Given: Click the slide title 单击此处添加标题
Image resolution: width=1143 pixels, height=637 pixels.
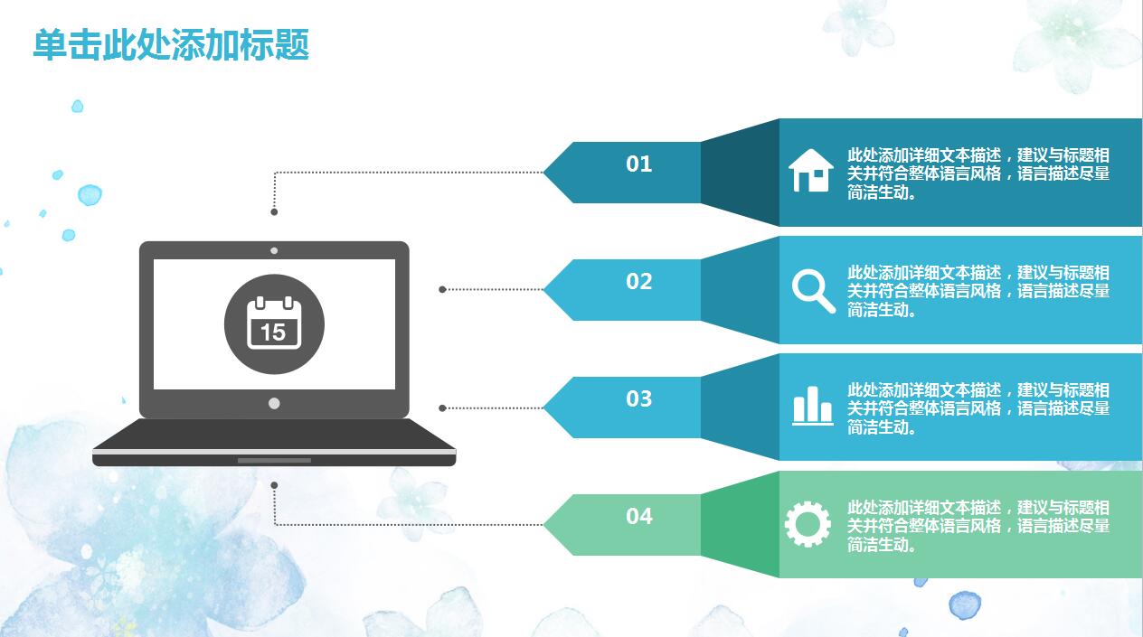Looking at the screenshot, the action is pyautogui.click(x=171, y=45).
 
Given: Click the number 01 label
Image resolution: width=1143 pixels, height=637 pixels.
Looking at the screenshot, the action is pyautogui.click(x=638, y=164).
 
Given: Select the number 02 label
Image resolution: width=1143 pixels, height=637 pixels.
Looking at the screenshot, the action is pyautogui.click(x=638, y=282).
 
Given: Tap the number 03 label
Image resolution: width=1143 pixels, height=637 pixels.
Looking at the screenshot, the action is pyautogui.click(x=638, y=398).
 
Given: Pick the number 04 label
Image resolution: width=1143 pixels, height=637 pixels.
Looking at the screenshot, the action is pyautogui.click(x=638, y=516).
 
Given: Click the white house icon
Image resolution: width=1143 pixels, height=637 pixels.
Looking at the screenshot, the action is pyautogui.click(x=811, y=171).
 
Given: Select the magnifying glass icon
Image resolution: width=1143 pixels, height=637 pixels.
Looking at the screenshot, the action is pyautogui.click(x=813, y=291).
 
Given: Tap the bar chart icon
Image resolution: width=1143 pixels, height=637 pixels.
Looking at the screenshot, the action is pyautogui.click(x=813, y=406).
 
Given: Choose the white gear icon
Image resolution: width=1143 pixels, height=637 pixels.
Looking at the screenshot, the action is pyautogui.click(x=808, y=524).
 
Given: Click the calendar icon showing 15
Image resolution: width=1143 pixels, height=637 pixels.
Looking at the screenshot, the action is pyautogui.click(x=274, y=323).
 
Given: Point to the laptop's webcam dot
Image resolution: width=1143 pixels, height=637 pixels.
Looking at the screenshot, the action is pyautogui.click(x=274, y=251).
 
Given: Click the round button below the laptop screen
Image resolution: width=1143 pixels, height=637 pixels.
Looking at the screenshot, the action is pyautogui.click(x=274, y=403).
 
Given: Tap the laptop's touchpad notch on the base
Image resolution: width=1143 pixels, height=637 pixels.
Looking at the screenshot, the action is pyautogui.click(x=274, y=461).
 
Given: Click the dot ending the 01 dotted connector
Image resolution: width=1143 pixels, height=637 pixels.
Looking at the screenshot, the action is pyautogui.click(x=274, y=211).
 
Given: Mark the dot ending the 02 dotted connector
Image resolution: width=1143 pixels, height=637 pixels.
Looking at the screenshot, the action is pyautogui.click(x=442, y=290).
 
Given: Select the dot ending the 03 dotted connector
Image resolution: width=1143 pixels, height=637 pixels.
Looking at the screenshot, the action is pyautogui.click(x=442, y=408).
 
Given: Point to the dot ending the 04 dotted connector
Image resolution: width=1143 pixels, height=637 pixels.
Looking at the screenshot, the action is pyautogui.click(x=274, y=485).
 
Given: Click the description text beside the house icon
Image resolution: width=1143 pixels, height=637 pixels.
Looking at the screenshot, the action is pyautogui.click(x=978, y=173).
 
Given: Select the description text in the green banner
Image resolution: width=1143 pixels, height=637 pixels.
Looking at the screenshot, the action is pyautogui.click(x=978, y=526).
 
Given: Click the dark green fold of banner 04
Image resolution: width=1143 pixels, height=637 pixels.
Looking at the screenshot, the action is pyautogui.click(x=740, y=524).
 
